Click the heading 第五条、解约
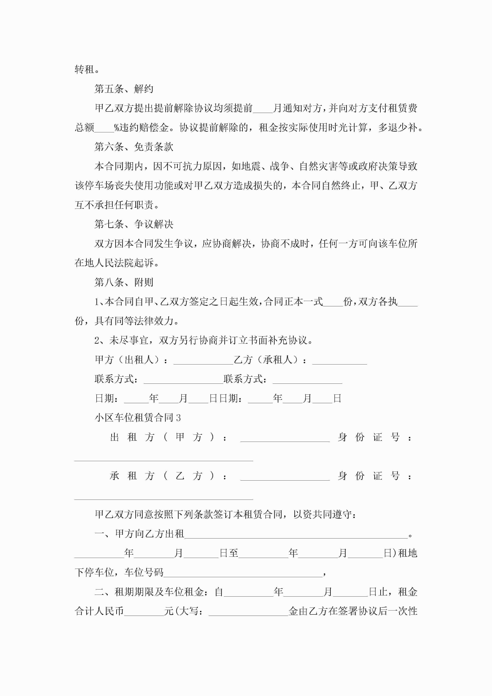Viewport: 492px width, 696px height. pyautogui.click(x=124, y=89)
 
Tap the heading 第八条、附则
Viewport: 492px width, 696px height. pyautogui.click(x=124, y=282)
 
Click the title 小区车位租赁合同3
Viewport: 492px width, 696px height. pyautogui.click(x=138, y=418)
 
